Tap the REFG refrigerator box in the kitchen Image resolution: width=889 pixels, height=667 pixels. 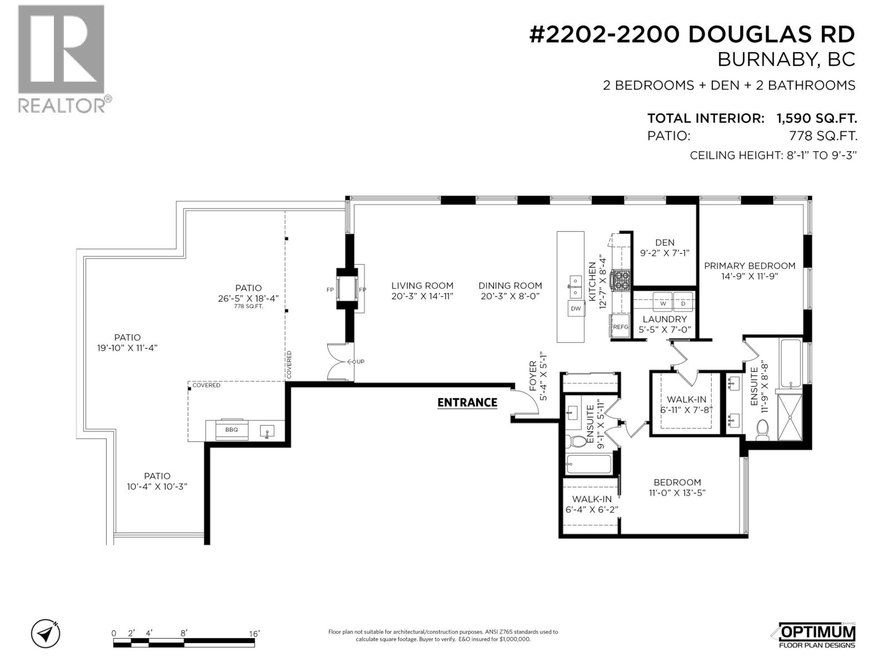point(620,327)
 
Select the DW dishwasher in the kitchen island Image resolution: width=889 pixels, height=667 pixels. point(576,308)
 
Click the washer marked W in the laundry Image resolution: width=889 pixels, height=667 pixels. point(662,303)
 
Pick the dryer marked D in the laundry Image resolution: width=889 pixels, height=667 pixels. point(683,303)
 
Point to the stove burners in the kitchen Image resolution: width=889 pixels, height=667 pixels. point(621,280)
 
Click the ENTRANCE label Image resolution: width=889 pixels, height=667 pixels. point(467,402)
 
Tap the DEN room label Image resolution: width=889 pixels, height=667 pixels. point(665,242)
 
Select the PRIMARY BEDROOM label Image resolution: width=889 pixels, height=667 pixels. point(750,266)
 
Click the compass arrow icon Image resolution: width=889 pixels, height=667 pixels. point(46,633)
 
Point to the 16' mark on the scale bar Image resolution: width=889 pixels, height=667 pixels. point(254,633)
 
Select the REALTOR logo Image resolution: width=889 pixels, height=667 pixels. point(62,58)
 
